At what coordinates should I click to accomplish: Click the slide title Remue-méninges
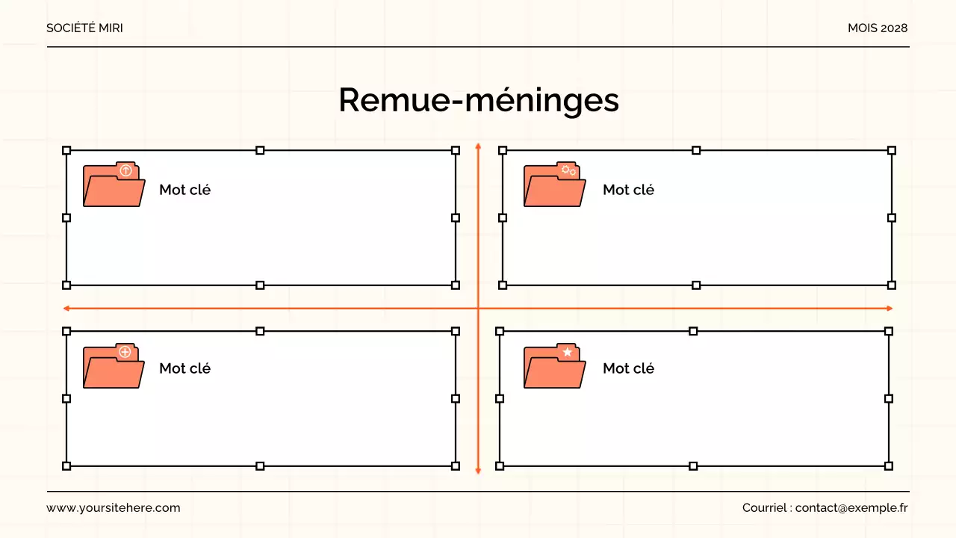click(478, 100)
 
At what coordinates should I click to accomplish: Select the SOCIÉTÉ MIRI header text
click(84, 28)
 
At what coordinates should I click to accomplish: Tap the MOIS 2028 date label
click(878, 28)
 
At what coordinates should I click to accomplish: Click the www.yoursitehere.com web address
click(114, 507)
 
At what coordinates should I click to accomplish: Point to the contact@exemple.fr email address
click(851, 507)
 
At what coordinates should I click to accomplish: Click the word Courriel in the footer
click(764, 507)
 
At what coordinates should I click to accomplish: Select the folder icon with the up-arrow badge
click(114, 185)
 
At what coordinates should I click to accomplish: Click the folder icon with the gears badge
click(554, 185)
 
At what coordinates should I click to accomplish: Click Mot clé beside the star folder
click(628, 368)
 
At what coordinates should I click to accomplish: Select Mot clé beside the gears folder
click(628, 190)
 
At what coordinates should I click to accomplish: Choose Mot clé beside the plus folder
click(184, 368)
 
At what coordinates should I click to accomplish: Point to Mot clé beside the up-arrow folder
click(184, 190)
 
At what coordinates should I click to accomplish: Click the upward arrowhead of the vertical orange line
click(478, 146)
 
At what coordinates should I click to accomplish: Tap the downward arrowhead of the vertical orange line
click(478, 471)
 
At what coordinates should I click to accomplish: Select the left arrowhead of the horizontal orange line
click(66, 308)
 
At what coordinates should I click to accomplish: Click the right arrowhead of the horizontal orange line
click(890, 308)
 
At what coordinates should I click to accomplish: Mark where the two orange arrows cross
click(478, 308)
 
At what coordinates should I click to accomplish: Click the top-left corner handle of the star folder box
click(500, 330)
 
